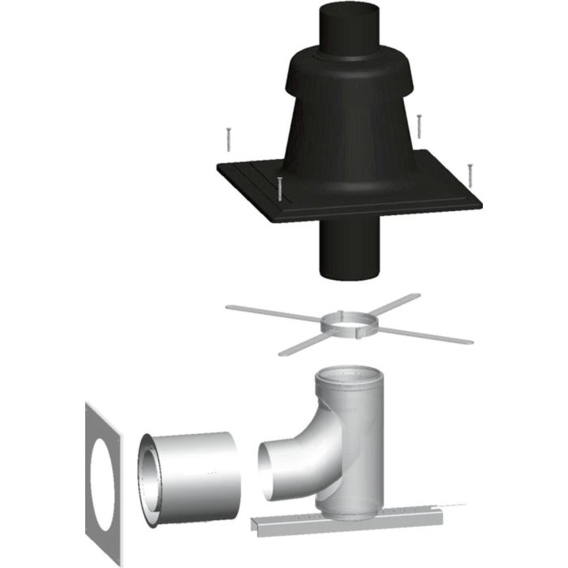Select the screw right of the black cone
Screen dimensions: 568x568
419,125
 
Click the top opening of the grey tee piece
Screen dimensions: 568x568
350,377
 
